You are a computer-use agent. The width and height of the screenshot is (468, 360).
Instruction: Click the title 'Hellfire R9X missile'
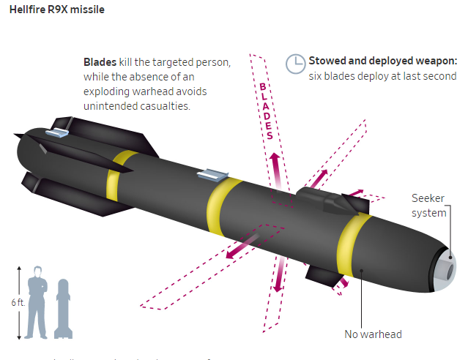[56, 10]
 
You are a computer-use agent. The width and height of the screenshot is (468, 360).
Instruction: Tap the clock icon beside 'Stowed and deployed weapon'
[295, 63]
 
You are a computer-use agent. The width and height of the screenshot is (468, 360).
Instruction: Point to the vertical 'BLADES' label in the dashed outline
[267, 110]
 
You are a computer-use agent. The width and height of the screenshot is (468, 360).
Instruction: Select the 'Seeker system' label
[428, 206]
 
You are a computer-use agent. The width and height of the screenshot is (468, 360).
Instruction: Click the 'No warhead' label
[373, 334]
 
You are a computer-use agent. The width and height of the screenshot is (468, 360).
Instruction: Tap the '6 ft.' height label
[12, 302]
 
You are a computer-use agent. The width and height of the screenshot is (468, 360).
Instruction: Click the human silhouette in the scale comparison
[37, 304]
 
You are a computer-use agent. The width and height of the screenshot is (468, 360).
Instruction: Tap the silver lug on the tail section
[56, 132]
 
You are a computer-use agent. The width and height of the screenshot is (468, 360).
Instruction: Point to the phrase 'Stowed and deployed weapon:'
[383, 61]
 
